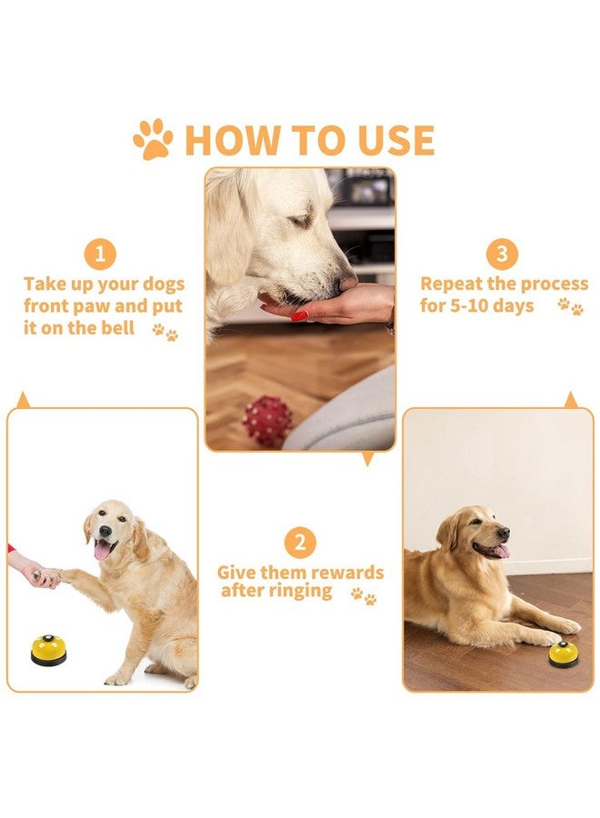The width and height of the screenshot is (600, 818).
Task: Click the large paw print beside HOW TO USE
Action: [153, 139]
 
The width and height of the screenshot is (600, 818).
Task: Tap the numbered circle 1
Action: [100, 254]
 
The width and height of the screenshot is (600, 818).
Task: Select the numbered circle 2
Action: [300, 543]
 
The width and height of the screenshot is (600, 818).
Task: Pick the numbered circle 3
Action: [502, 254]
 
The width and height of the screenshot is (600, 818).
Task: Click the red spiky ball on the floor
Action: [267, 421]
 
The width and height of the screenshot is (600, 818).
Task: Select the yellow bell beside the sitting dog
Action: [48, 650]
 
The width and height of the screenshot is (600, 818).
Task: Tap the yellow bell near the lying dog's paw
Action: [564, 654]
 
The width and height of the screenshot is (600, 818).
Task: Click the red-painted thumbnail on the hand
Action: [299, 315]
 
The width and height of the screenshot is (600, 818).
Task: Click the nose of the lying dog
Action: [504, 534]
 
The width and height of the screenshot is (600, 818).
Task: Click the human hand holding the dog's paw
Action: [37, 573]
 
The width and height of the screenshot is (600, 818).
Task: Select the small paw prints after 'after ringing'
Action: [364, 595]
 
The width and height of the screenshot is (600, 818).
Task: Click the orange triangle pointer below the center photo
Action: [368, 459]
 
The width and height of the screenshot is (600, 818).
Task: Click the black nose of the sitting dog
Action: [105, 531]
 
